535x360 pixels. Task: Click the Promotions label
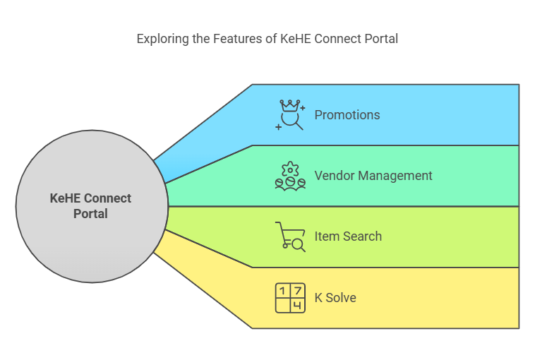pos(347,115)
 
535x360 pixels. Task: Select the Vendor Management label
pos(373,176)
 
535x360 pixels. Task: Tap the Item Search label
pos(348,236)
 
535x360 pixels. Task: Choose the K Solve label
pos(335,298)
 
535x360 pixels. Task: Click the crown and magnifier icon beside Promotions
pos(290,115)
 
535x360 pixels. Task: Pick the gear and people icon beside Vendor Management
pos(290,176)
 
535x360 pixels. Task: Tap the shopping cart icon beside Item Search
pos(290,236)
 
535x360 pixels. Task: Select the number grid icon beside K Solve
pos(290,298)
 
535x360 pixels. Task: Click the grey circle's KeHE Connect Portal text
pos(91,205)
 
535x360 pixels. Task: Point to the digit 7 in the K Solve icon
pos(298,291)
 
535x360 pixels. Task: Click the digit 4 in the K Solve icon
pos(298,306)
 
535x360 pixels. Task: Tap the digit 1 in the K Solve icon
pos(282,291)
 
